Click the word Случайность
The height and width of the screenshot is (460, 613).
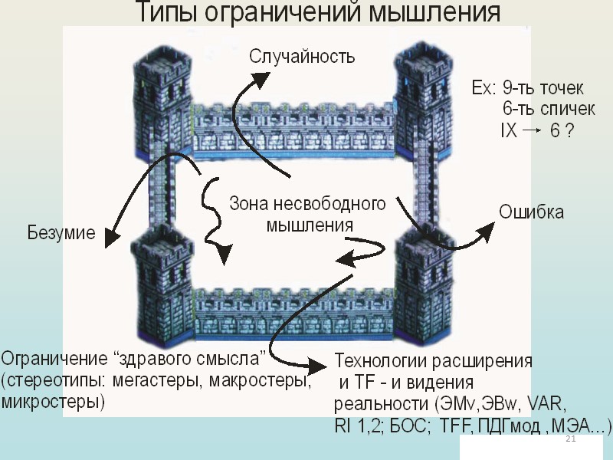coord(303,56)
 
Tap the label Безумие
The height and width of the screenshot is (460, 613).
coord(61,232)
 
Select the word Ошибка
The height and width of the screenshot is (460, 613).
coord(532,212)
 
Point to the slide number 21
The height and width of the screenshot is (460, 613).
coord(569,439)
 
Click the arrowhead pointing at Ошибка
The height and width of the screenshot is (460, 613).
coord(487,228)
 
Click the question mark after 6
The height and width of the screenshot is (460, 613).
coord(569,131)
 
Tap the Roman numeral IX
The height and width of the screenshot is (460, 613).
coord(508,131)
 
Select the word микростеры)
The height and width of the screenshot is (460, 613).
coord(54,401)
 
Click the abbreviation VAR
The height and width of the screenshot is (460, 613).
coord(546,404)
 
